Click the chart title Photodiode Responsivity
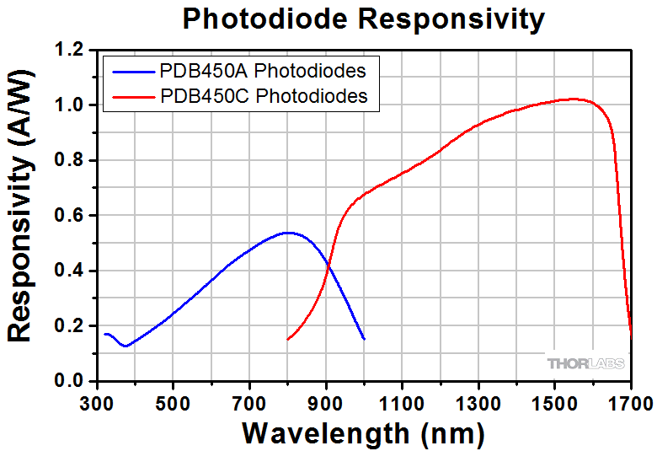(x=364, y=19)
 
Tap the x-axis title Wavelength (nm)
(x=364, y=433)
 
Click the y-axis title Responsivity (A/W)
(x=20, y=216)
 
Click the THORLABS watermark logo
(x=586, y=363)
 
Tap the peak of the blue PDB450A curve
(x=288, y=233)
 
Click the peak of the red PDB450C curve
(x=574, y=99)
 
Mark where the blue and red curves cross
(x=328, y=267)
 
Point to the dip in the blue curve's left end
(x=125, y=346)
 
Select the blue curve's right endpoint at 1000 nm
(x=364, y=339)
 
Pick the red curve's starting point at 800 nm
(x=288, y=339)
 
